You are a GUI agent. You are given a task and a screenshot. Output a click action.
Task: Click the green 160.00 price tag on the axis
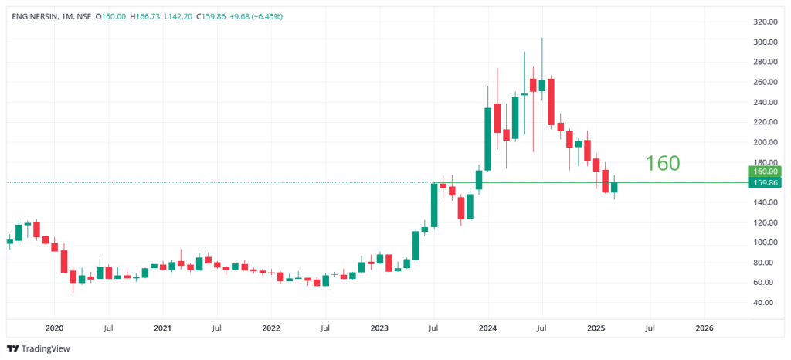click(764, 172)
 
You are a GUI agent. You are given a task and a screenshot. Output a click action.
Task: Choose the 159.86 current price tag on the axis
click(764, 183)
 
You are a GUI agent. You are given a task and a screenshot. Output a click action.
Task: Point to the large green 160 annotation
click(662, 163)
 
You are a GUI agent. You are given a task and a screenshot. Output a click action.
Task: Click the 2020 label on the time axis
click(54, 328)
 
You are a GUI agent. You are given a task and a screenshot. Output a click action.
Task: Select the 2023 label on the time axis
click(379, 328)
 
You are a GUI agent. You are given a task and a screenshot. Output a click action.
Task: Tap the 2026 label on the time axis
click(704, 328)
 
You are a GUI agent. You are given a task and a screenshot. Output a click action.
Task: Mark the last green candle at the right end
click(614, 187)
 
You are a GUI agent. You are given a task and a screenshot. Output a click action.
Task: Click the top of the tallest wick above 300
click(542, 39)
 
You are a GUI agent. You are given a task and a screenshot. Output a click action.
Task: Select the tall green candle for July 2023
click(434, 205)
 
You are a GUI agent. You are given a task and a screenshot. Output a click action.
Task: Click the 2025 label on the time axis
click(596, 328)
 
